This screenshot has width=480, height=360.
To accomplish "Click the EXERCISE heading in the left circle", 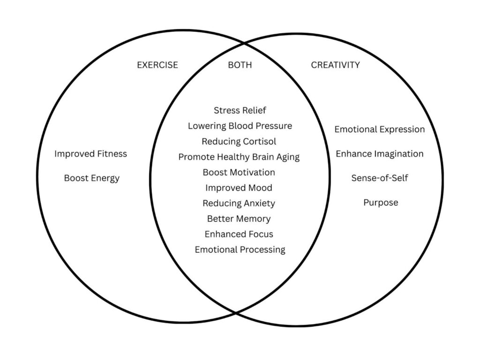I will (157, 65).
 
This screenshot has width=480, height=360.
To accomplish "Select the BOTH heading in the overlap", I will (240, 65).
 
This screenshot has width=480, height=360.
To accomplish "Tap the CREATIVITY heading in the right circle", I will (335, 65).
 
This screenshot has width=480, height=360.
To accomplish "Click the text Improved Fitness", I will (90, 154).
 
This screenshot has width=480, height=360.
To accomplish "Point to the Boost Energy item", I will (92, 178).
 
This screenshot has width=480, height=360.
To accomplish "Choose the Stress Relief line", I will (240, 111).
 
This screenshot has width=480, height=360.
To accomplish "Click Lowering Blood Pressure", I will (240, 126).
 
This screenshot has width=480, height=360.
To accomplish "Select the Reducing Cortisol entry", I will (239, 142).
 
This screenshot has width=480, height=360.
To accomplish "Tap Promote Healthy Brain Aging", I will (239, 157).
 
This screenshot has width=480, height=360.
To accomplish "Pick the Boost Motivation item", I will (239, 172).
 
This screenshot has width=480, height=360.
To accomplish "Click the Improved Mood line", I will (239, 188).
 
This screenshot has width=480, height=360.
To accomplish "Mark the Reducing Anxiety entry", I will (239, 203).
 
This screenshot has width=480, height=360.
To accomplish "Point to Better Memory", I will (239, 219).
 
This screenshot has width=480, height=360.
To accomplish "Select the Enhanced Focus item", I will (239, 234).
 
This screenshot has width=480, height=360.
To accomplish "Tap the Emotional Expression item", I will (380, 129).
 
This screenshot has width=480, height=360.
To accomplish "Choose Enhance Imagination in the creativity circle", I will (380, 154).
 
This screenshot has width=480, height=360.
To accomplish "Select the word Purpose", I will (381, 202).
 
